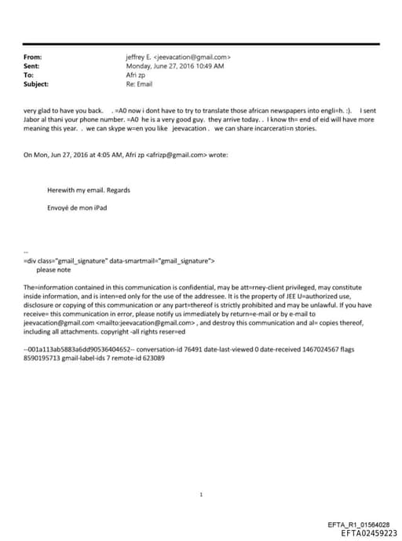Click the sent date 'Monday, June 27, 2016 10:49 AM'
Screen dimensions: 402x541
point(175,66)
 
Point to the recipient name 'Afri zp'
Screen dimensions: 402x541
point(137,75)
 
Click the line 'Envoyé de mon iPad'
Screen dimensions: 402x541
point(77,208)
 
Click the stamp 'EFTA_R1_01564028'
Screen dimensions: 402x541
point(357,524)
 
